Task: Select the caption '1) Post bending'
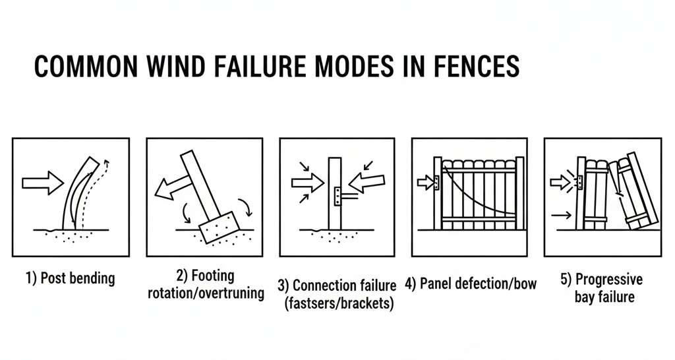click(x=70, y=278)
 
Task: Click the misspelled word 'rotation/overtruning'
click(x=206, y=293)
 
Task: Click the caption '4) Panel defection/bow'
click(x=471, y=284)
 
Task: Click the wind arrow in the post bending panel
click(x=43, y=182)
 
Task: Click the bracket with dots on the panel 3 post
click(x=339, y=195)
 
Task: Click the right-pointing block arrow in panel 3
click(x=307, y=182)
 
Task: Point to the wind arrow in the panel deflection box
click(x=425, y=182)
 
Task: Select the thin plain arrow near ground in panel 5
click(x=561, y=214)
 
